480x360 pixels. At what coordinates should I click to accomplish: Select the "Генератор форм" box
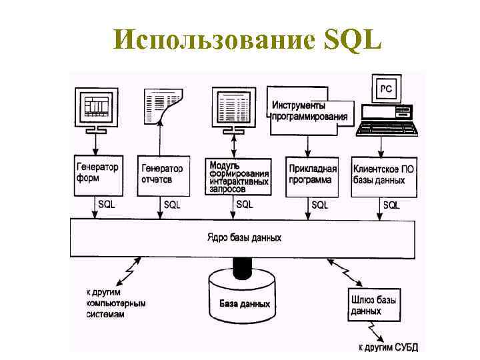pyautogui.click(x=97, y=174)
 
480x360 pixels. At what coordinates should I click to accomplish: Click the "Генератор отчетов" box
pyautogui.click(x=161, y=175)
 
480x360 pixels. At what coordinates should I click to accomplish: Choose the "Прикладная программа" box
pyautogui.click(x=313, y=175)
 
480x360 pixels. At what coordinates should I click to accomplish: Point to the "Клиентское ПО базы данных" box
pyautogui.click(x=384, y=175)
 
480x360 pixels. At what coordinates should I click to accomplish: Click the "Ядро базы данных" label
pyautogui.click(x=244, y=237)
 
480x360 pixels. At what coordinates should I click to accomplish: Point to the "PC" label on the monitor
pyautogui.click(x=386, y=87)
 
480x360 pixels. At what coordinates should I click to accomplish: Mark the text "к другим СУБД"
pyautogui.click(x=387, y=347)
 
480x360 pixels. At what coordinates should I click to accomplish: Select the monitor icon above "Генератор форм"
pyautogui.click(x=97, y=105)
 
